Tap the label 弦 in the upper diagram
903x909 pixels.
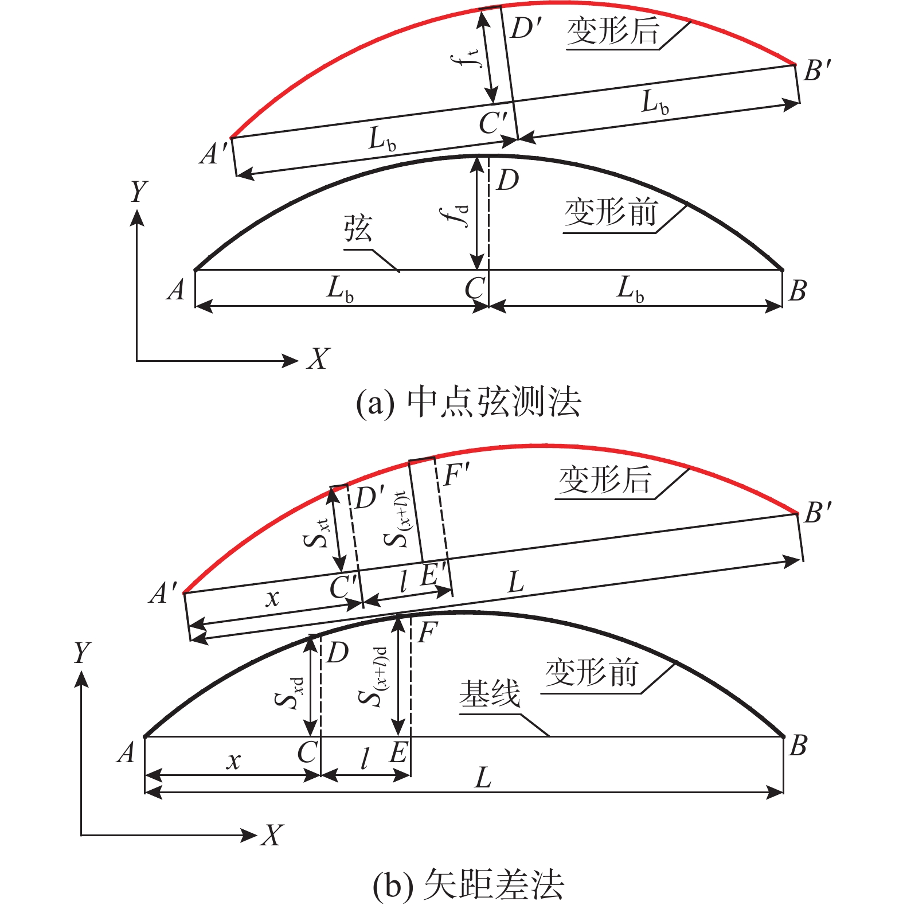point(358,229)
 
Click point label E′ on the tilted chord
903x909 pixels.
point(434,575)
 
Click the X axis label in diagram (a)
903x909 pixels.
point(318,360)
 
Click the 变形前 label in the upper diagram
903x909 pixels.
point(611,213)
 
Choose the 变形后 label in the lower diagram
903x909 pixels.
point(605,479)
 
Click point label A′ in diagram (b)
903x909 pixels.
point(165,593)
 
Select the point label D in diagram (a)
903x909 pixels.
point(507,180)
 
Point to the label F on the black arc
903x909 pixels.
point(427,633)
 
